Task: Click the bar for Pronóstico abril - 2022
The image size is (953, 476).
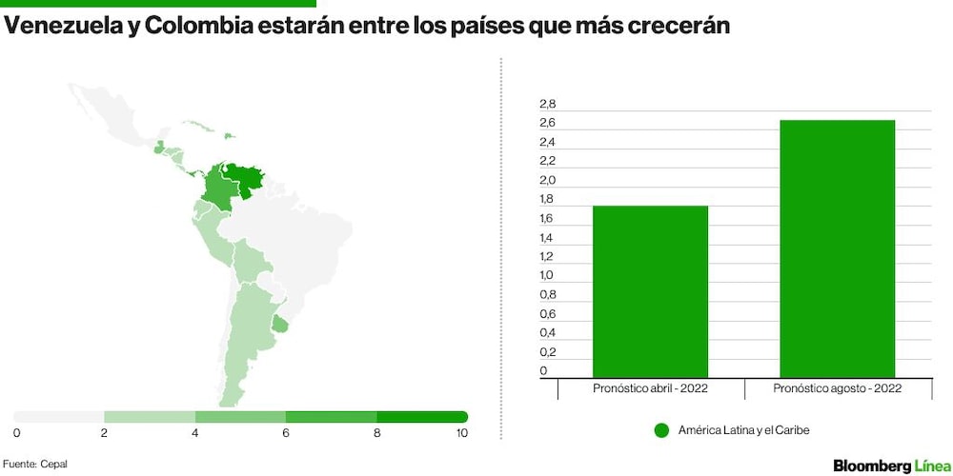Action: click(650, 291)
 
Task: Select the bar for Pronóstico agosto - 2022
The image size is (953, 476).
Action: click(837, 248)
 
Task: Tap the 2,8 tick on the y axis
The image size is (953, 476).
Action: click(547, 105)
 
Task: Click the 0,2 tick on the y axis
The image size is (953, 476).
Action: click(547, 351)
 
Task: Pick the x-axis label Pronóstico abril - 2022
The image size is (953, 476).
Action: click(650, 388)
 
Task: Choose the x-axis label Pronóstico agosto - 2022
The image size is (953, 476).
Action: click(837, 388)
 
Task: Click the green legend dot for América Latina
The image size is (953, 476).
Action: click(662, 430)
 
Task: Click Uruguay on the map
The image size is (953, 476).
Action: click(279, 325)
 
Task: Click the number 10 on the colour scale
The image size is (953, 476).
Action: click(461, 433)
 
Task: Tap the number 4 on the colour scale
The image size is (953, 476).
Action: click(195, 433)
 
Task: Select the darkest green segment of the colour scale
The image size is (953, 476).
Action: click(422, 417)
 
